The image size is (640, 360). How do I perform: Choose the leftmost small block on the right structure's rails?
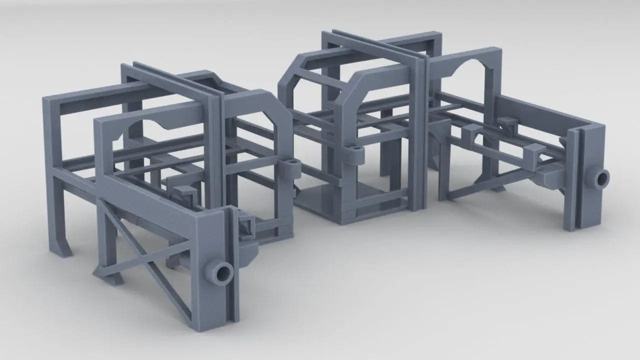[471, 132]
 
